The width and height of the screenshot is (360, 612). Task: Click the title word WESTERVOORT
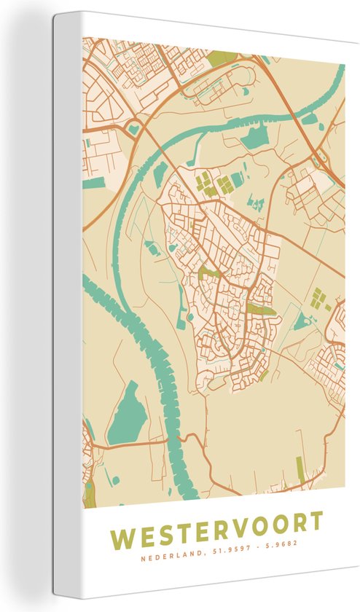point(216,522)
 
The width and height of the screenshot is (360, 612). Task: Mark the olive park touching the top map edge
point(223,57)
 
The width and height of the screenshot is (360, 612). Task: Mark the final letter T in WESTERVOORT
point(314,522)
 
